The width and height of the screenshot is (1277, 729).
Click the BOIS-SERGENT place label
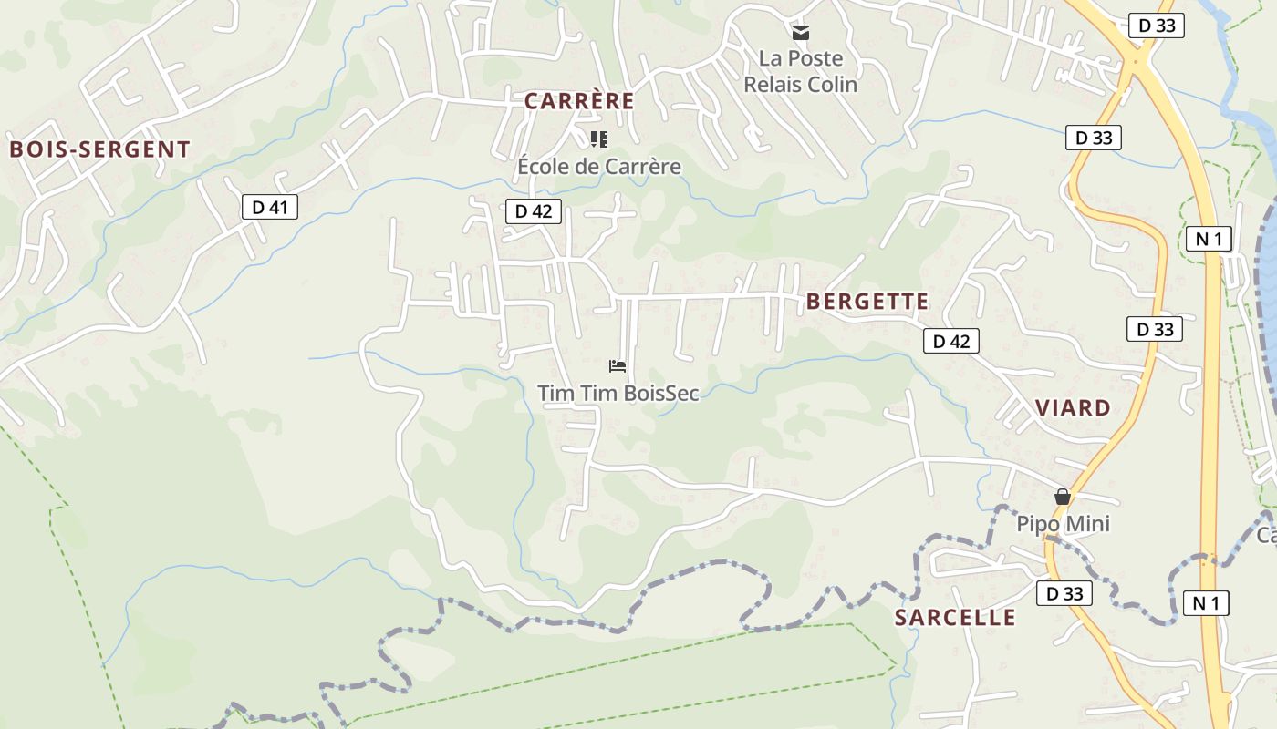click(x=100, y=149)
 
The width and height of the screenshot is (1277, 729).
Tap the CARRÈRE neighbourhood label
click(x=579, y=101)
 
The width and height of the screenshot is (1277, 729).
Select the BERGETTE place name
click(x=867, y=302)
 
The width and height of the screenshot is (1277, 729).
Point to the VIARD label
click(x=1073, y=407)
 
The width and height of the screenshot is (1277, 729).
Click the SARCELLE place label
click(x=955, y=617)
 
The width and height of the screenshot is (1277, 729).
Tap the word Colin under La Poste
click(x=832, y=85)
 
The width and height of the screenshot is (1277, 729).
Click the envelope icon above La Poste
click(x=801, y=34)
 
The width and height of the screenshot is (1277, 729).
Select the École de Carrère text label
click(x=599, y=166)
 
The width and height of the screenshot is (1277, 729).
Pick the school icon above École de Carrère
click(x=599, y=139)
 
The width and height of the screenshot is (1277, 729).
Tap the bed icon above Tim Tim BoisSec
click(x=618, y=366)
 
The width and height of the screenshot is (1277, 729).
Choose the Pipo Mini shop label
click(x=1064, y=524)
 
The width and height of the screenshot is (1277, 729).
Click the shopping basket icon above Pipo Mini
click(x=1062, y=497)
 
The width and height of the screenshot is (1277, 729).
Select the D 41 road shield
click(x=270, y=208)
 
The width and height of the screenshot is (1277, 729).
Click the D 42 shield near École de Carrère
click(x=534, y=211)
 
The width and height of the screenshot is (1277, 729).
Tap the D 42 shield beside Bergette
click(x=951, y=341)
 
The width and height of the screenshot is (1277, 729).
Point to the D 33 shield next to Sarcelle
click(x=1064, y=594)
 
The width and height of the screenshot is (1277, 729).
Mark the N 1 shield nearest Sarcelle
click(x=1205, y=602)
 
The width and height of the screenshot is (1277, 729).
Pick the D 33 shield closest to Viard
click(x=1155, y=329)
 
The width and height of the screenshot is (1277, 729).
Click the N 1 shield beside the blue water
click(x=1209, y=240)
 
